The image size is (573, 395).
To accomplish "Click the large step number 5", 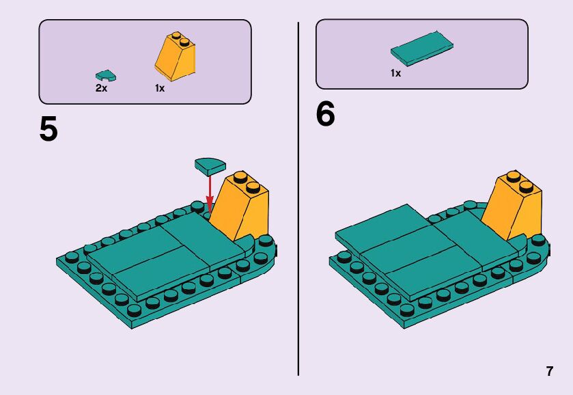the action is [x=48, y=128].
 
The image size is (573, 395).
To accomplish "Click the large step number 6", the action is [x=325, y=113].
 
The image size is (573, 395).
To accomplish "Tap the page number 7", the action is [x=550, y=371].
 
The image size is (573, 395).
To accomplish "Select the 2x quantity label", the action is [x=101, y=88].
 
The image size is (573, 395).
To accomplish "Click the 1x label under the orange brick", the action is [x=160, y=88].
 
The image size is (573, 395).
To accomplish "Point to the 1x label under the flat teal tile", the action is [x=395, y=73].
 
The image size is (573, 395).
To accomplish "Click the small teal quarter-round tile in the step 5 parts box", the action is [x=106, y=75].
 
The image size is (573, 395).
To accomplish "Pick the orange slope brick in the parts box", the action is [x=175, y=57].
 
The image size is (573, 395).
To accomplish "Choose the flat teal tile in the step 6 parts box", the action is [x=422, y=49].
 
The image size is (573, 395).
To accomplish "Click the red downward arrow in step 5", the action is [x=210, y=193].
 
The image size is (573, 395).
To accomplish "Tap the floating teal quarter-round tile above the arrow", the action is [x=210, y=166].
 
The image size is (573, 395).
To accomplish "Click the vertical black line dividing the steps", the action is [x=298, y=199].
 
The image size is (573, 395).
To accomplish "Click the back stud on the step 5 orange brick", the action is [x=240, y=177].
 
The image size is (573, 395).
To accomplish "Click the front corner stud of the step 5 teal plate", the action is [x=135, y=311].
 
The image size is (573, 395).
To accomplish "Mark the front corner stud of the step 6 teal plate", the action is [x=406, y=310].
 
